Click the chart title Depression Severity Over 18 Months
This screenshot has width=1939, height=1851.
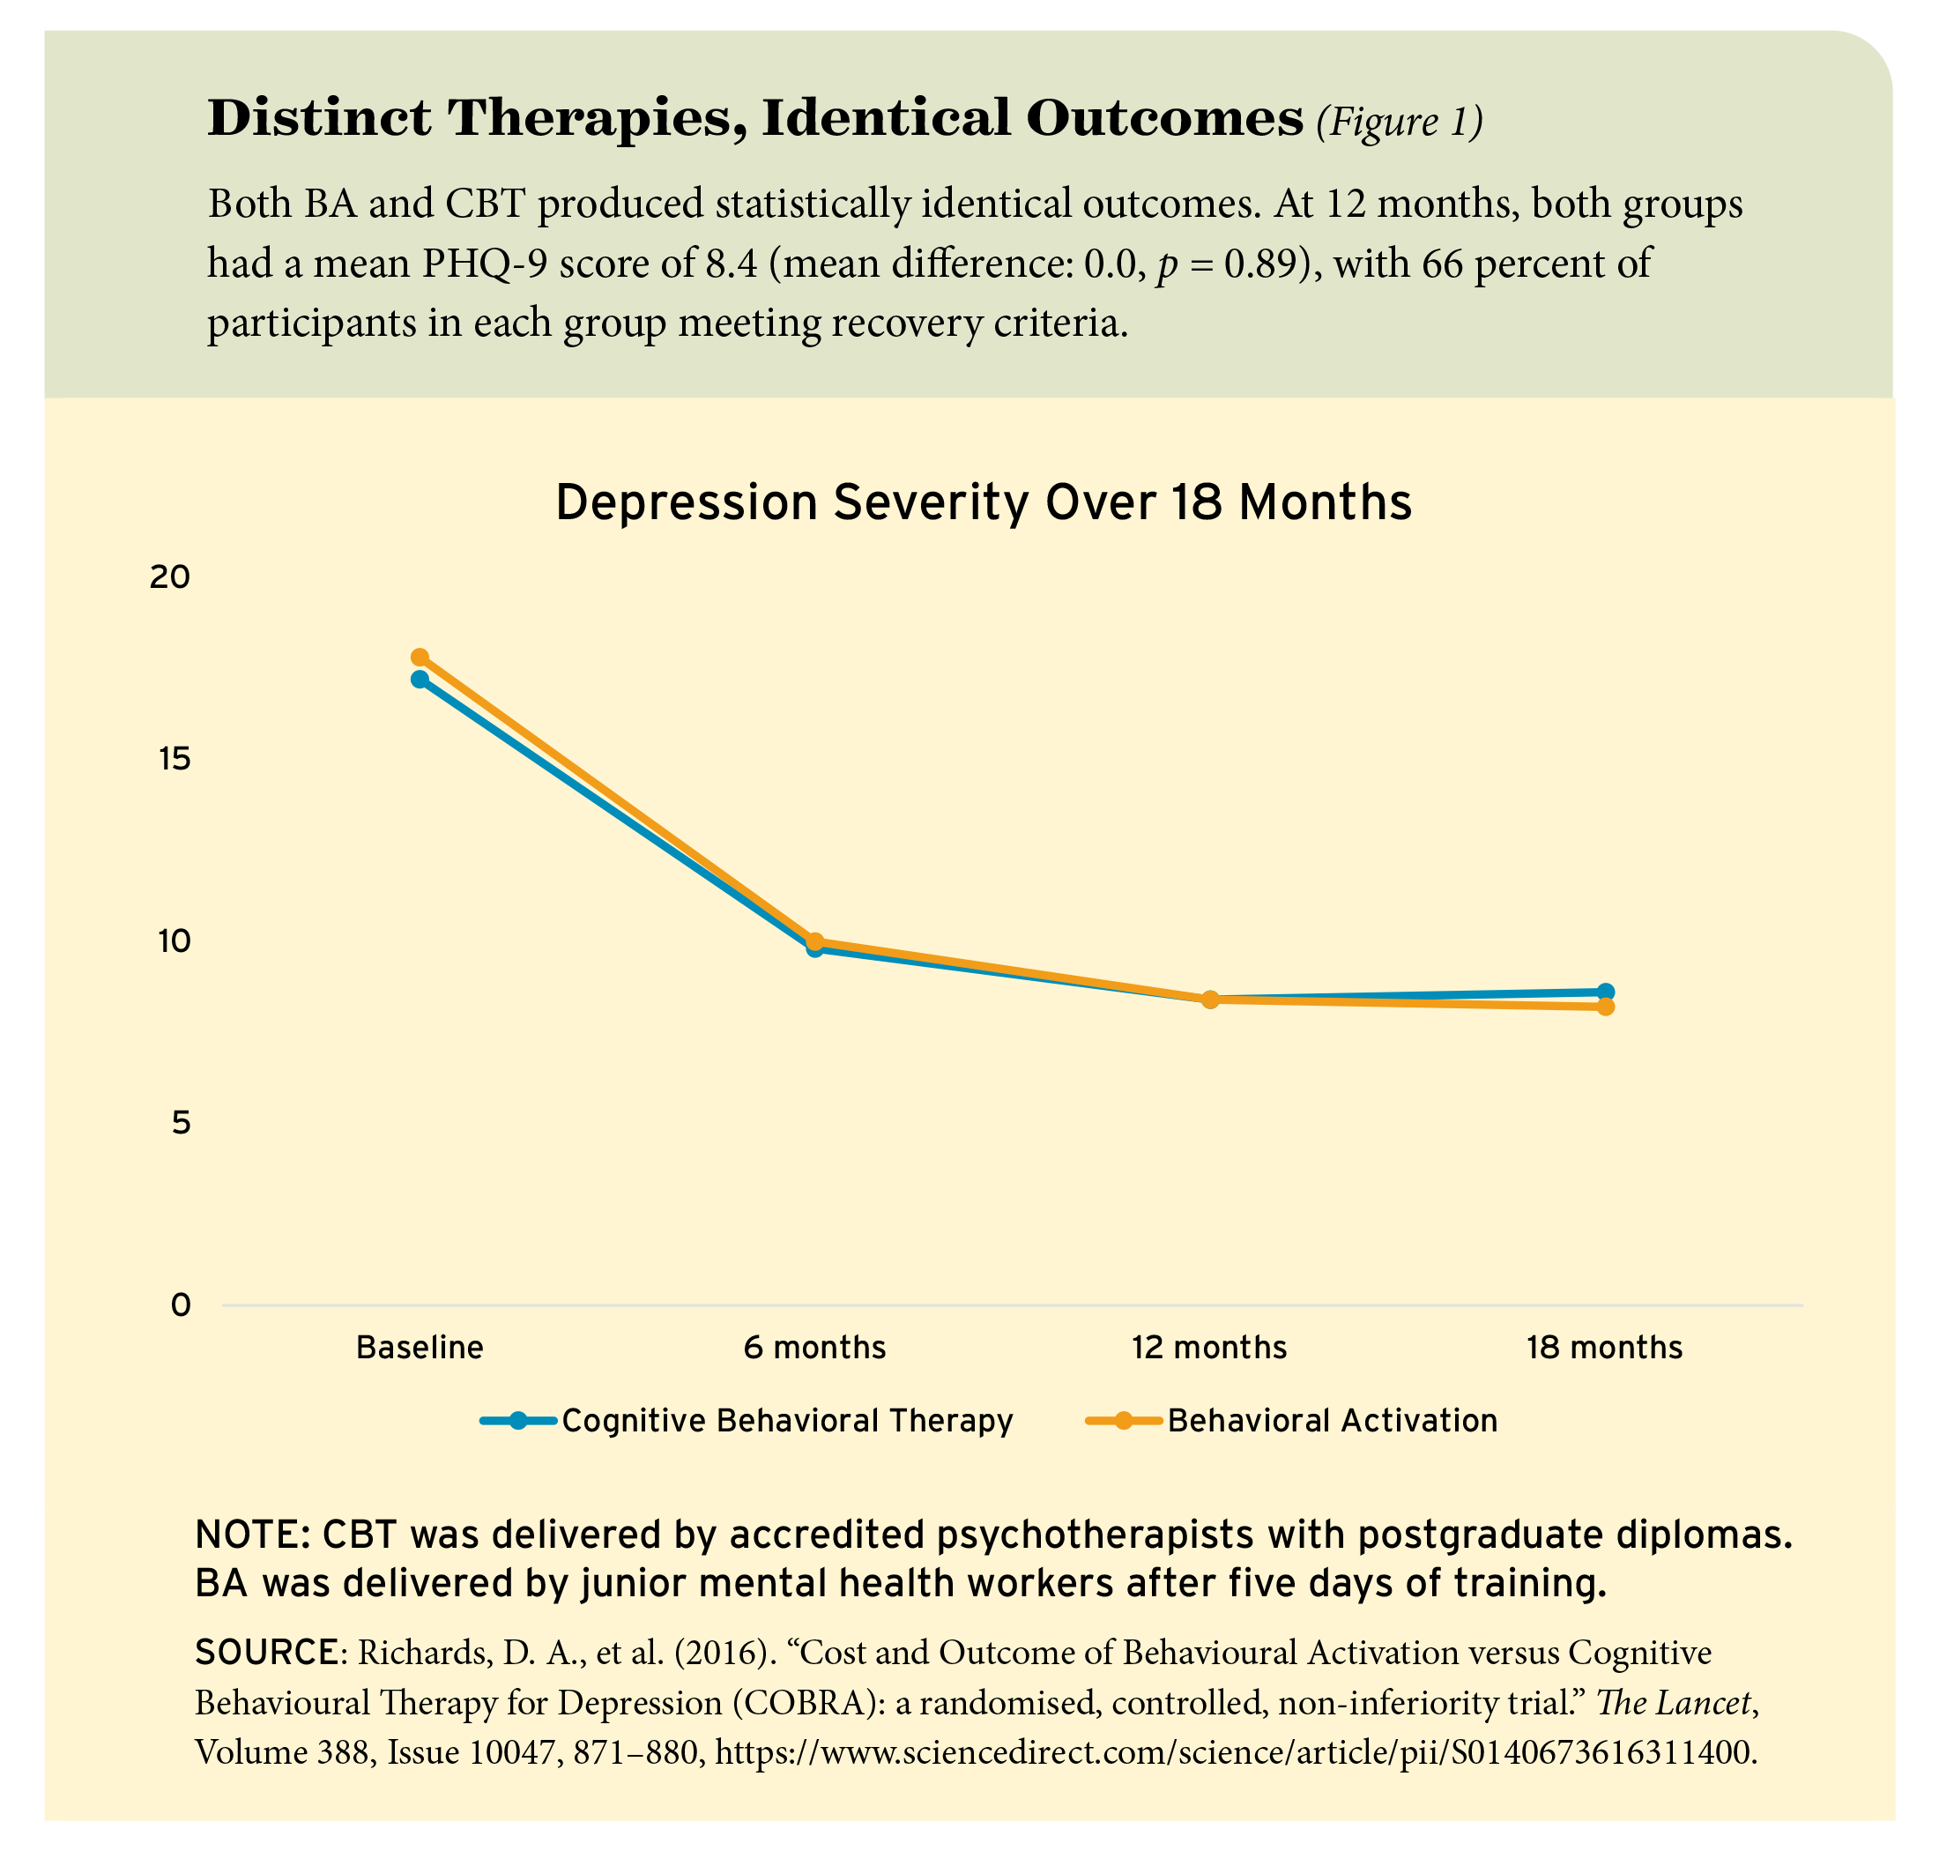tap(983, 503)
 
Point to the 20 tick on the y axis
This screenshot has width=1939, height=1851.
tap(168, 577)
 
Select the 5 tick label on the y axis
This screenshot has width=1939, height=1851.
tap(180, 1123)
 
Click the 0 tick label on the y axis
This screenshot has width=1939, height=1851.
tap(180, 1305)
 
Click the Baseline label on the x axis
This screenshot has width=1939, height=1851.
tap(420, 1348)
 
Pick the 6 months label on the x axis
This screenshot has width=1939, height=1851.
tap(815, 1348)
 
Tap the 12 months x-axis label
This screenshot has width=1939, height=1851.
tap(1209, 1348)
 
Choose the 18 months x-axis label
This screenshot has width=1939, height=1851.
tap(1604, 1348)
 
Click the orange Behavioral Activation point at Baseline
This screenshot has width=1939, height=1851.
tap(420, 658)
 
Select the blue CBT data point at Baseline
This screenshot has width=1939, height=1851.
tap(420, 680)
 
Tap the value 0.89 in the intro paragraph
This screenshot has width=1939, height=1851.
tap(1257, 264)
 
